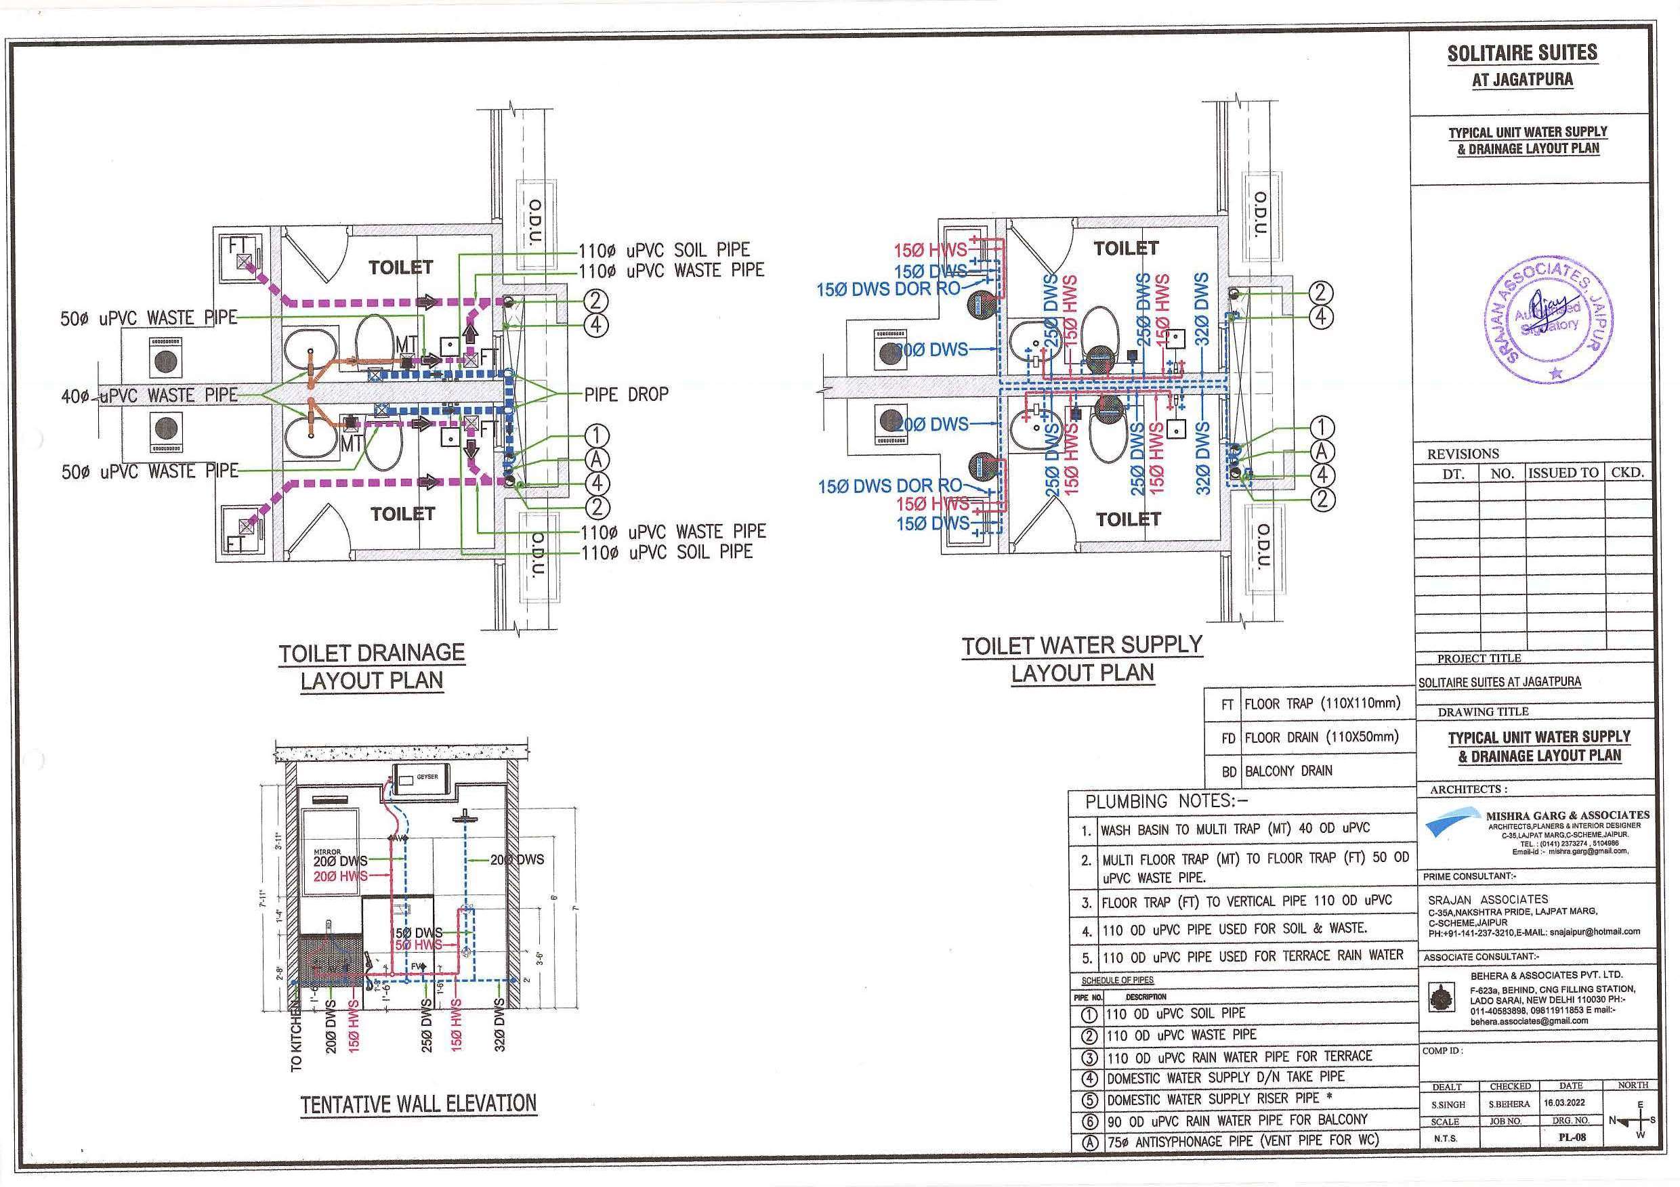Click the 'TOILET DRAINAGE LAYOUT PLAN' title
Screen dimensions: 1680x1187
coord(372,666)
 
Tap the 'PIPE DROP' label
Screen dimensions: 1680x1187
coord(627,394)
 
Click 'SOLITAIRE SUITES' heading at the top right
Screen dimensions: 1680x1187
coord(1522,53)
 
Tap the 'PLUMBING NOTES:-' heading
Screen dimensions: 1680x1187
coord(1161,802)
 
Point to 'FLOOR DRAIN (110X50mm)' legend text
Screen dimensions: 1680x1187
coord(1322,737)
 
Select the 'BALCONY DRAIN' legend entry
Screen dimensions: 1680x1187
coord(1288,771)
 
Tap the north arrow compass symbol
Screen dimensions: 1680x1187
coord(1635,1119)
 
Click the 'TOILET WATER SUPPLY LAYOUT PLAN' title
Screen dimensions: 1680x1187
coord(1083,659)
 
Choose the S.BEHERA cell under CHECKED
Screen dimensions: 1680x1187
coord(1510,1104)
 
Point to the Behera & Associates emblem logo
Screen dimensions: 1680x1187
coord(1442,998)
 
